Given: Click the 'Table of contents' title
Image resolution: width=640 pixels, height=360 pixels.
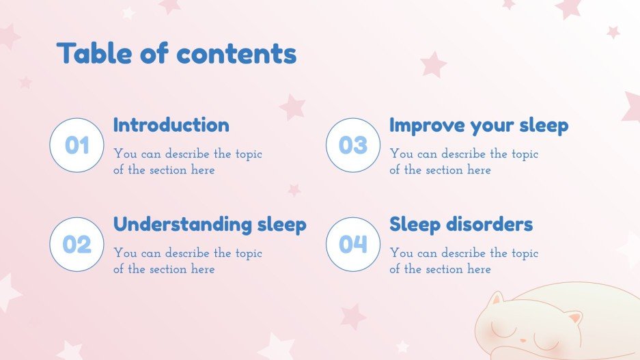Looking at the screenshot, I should pyautogui.click(x=176, y=53).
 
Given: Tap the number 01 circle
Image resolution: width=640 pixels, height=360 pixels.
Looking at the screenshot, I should pyautogui.click(x=77, y=145).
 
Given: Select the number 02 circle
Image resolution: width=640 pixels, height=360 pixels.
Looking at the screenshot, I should pyautogui.click(x=77, y=244).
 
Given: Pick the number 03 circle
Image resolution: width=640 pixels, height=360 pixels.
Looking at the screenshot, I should pyautogui.click(x=353, y=145).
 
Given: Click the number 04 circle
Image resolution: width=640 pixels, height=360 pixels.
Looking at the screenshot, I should pyautogui.click(x=353, y=244).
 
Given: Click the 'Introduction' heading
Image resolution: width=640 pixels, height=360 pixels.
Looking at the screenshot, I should pyautogui.click(x=171, y=125).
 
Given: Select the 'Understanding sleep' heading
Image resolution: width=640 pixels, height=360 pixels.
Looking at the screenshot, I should pyautogui.click(x=210, y=224).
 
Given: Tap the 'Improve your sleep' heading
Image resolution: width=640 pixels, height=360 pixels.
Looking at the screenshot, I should pyautogui.click(x=478, y=126).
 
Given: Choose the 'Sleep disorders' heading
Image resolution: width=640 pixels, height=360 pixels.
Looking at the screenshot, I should pyautogui.click(x=461, y=224).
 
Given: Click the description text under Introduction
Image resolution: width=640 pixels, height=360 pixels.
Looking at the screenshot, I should pyautogui.click(x=187, y=162).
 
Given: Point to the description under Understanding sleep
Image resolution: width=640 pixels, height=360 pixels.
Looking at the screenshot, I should pyautogui.click(x=187, y=261).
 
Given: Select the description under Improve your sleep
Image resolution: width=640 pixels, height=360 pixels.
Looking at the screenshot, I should pyautogui.click(x=463, y=162).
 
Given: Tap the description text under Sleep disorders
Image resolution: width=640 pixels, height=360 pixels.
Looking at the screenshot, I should pyautogui.click(x=463, y=261).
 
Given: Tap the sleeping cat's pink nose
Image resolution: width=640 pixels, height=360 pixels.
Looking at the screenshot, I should pyautogui.click(x=523, y=340).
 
